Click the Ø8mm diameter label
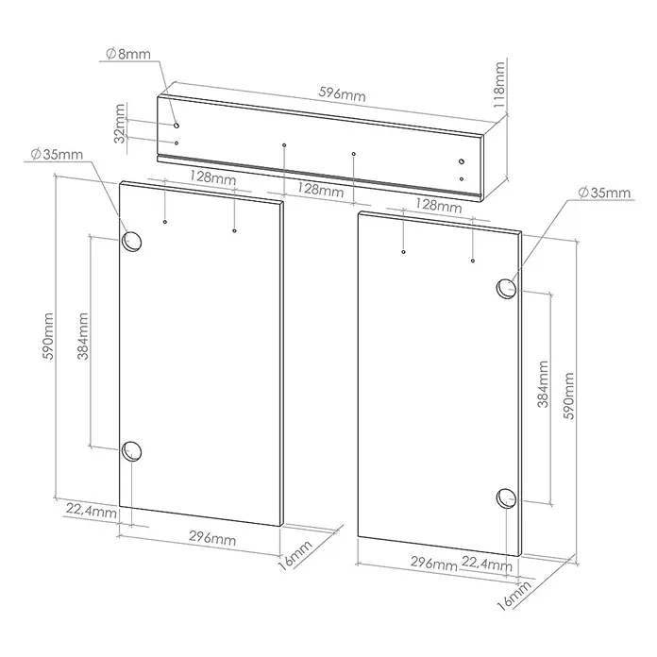[128, 54]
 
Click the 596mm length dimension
[342, 94]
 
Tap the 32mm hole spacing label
[120, 124]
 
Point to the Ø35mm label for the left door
[57, 154]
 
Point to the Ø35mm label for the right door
[604, 193]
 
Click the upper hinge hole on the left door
[131, 242]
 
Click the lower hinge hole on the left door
[131, 451]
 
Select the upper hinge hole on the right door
[506, 289]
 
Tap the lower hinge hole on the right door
[506, 498]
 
